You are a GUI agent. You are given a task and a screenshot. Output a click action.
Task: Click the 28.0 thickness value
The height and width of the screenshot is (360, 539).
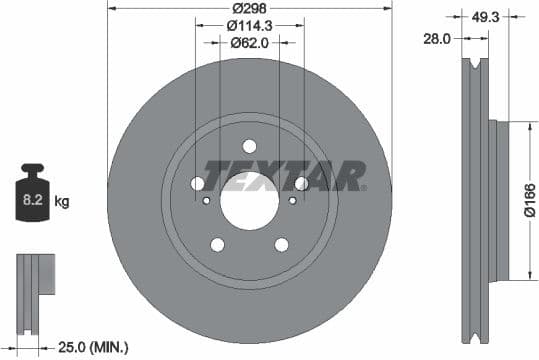pyautogui.click(x=436, y=38)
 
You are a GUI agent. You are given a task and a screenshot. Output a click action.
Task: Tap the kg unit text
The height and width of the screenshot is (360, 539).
pyautogui.click(x=62, y=202)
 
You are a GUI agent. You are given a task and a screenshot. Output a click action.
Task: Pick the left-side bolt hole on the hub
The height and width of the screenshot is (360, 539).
pyautogui.click(x=198, y=183)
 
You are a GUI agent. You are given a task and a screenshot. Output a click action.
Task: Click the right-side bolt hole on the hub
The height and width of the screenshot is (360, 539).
pyautogui.click(x=301, y=183)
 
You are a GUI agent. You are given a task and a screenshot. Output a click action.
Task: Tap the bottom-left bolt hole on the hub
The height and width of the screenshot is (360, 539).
pyautogui.click(x=217, y=244)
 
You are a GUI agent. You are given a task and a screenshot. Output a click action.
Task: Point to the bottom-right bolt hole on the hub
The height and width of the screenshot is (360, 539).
pyautogui.click(x=282, y=244)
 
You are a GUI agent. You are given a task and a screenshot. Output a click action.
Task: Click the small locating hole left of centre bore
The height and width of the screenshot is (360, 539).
pyautogui.click(x=206, y=200)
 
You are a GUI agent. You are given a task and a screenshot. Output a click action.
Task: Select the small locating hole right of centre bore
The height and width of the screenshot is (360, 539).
pyautogui.click(x=292, y=200)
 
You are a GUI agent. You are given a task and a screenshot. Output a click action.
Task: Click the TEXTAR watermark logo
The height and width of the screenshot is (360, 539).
pyautogui.click(x=284, y=175)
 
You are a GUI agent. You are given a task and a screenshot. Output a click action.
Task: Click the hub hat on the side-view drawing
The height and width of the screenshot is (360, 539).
pyautogui.click(x=497, y=200)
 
